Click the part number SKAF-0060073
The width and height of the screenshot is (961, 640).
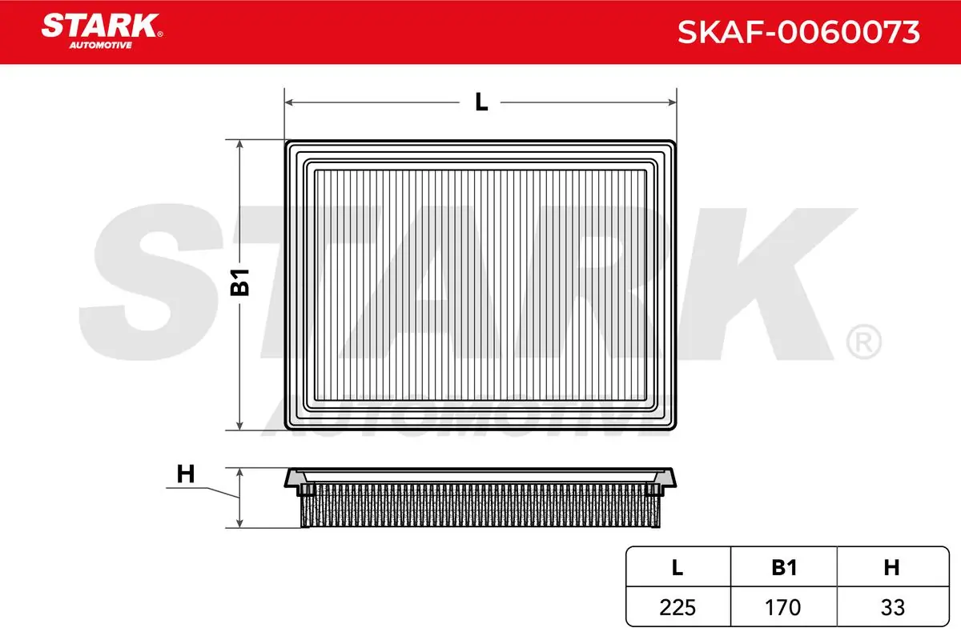coord(798,32)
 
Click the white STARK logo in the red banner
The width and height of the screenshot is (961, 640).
coord(100,26)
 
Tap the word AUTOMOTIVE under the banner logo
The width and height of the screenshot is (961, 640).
coord(100,46)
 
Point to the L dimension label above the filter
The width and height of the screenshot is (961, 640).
coord(481,102)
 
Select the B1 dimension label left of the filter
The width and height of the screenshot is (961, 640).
coord(239,282)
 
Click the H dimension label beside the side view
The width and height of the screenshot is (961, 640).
coord(186,474)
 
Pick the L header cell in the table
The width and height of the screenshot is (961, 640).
coord(678,567)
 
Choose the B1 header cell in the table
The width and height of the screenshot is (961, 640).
coord(784,567)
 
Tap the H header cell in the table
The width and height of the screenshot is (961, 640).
coord(891,567)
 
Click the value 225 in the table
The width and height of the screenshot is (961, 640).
coord(678,607)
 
